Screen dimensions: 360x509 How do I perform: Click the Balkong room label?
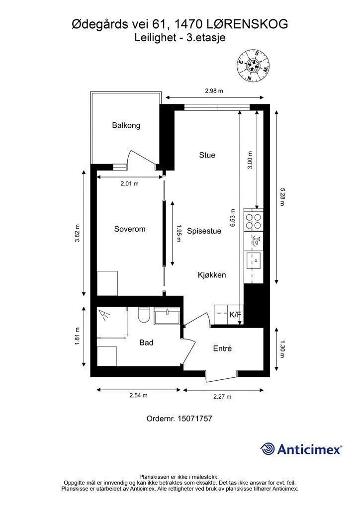pos(126,125)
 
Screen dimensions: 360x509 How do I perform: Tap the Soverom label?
pos(129,229)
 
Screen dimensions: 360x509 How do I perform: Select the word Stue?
pos(207,155)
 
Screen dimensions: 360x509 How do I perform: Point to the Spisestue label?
pos(204,231)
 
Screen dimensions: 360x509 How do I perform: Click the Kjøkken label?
pos(212,275)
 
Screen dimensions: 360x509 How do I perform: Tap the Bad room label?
pos(146,342)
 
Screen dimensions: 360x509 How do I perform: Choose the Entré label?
pos(222,348)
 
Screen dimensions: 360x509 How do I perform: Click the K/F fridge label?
pos(235,315)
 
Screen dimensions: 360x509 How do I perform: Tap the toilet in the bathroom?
pos(143,315)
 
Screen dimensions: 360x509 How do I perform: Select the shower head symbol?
pos(104,315)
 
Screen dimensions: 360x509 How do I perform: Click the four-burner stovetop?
pos(253,221)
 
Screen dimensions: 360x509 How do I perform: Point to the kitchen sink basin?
pos(254,260)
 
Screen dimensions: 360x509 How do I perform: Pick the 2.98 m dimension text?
pos(214,91)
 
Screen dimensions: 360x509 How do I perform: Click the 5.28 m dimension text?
pos(282,197)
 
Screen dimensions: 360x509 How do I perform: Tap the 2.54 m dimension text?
pos(138,395)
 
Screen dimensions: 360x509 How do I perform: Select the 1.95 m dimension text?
pos(178,234)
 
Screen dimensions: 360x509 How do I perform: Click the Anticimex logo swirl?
pos(267,449)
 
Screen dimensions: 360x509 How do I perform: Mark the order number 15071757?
pos(195,419)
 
